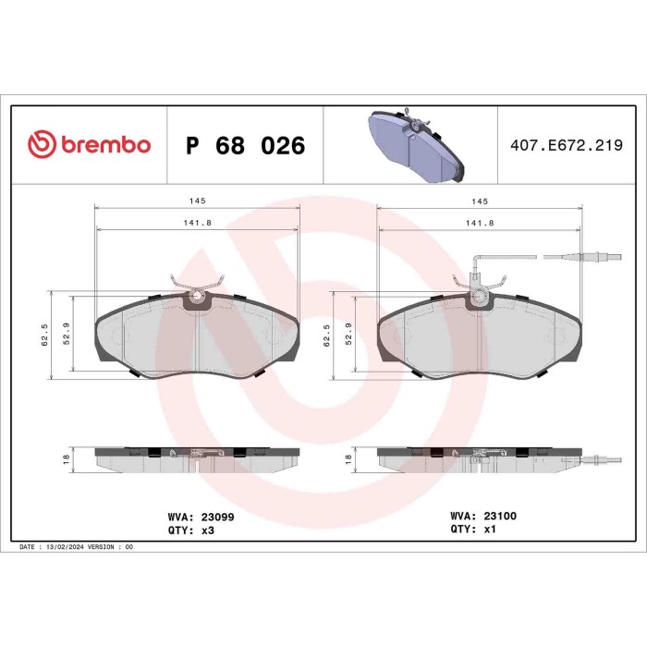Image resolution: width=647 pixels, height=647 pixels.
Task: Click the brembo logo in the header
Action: point(89,145)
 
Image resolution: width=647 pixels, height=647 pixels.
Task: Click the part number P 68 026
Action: point(245,146)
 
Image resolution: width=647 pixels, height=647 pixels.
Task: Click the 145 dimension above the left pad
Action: point(196,201)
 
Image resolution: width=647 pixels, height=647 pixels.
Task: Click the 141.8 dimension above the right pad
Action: point(478,223)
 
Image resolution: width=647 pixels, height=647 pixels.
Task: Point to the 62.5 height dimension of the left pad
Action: point(44,334)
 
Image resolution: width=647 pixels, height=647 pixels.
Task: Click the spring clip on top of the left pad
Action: point(197,285)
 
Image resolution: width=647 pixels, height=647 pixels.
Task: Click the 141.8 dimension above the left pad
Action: point(196,223)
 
